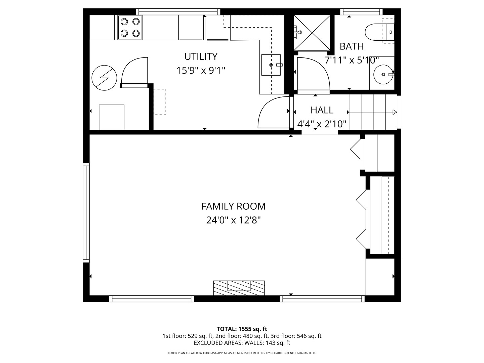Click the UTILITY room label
pyautogui.click(x=201, y=56)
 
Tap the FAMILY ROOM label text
pyautogui.click(x=233, y=206)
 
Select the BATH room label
pyautogui.click(x=352, y=46)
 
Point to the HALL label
pyautogui.click(x=322, y=110)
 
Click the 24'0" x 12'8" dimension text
pyautogui.click(x=233, y=220)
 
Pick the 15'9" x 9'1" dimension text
pyautogui.click(x=201, y=71)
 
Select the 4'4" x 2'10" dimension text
pyautogui.click(x=322, y=124)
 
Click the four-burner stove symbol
pyautogui.click(x=130, y=27)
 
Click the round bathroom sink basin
pyautogui.click(x=382, y=74)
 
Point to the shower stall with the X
pyautogui.click(x=312, y=33)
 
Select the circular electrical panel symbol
pyautogui.click(x=104, y=78)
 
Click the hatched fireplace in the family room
pyautogui.click(x=239, y=288)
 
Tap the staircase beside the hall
pyautogui.click(x=372, y=112)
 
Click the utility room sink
pyautogui.click(x=271, y=65)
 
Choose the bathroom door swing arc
pyautogui.click(x=313, y=75)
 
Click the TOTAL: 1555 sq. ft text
pyautogui.click(x=242, y=329)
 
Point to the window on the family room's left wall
pyautogui.click(x=86, y=212)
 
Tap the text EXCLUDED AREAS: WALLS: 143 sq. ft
pyautogui.click(x=242, y=343)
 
